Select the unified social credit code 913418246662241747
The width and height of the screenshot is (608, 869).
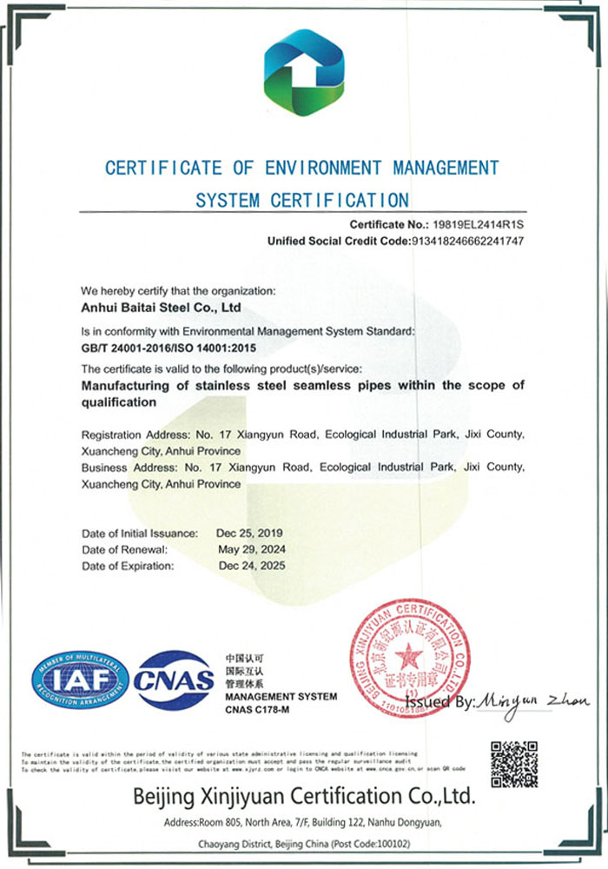[x=466, y=241]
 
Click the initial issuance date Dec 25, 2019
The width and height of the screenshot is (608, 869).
[x=251, y=533]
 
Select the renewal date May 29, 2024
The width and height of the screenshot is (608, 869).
[x=252, y=549]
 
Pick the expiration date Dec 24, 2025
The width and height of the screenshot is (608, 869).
[x=251, y=566]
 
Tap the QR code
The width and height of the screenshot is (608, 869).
[x=513, y=764]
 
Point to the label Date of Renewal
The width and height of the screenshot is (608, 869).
[x=124, y=549]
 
